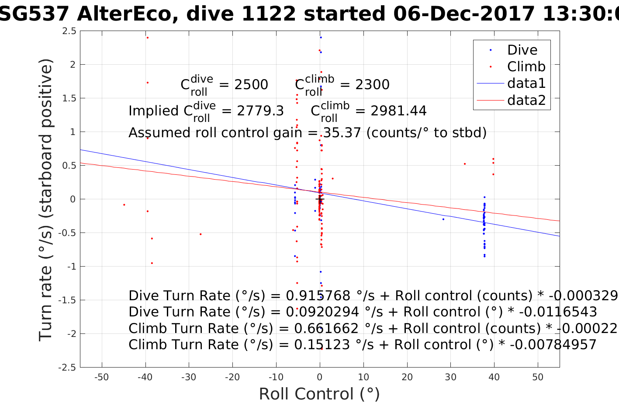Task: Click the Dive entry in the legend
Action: coord(522,50)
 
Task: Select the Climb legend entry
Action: coord(526,67)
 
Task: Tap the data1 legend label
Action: coord(526,83)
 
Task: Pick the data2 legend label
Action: coord(526,100)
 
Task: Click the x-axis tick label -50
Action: coord(101,377)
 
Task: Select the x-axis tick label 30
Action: coord(450,377)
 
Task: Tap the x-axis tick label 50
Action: coord(538,377)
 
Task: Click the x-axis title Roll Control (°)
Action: coord(319,394)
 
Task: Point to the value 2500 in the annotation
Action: coord(251,85)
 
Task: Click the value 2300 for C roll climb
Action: coord(372,85)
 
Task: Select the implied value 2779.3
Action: coord(260,111)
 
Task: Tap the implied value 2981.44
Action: coord(398,111)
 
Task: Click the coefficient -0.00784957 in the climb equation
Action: coord(553,345)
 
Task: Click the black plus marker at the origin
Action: coord(320,199)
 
